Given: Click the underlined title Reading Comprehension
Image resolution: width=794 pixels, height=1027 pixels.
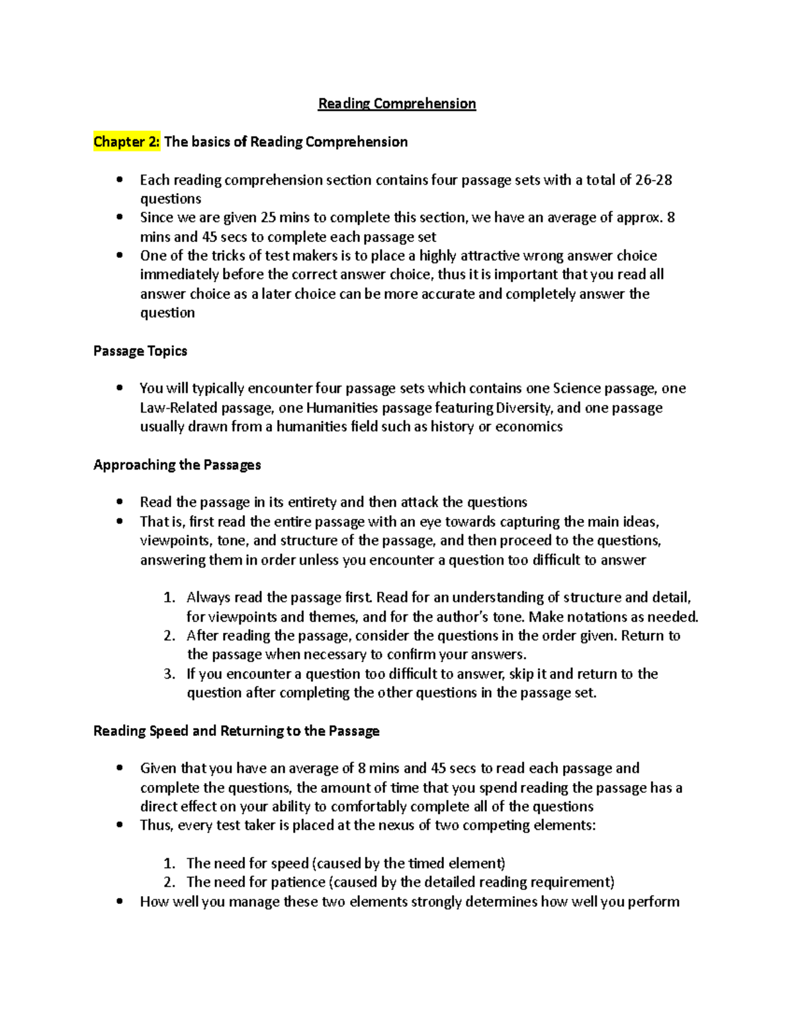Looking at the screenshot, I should tap(397, 104).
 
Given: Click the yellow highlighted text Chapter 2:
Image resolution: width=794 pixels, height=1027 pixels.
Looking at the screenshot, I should tap(126, 142).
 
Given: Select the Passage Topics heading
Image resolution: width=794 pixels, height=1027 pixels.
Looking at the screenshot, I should tap(140, 350).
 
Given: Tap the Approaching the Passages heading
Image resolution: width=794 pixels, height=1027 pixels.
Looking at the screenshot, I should tap(177, 465).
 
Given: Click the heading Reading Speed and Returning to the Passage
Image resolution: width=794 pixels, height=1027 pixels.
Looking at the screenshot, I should tap(236, 731).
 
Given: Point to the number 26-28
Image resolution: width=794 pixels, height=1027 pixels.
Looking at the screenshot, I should tap(653, 180).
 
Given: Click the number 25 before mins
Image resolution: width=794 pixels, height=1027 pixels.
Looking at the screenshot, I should tap(268, 218).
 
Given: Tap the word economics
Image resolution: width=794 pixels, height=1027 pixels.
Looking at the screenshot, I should tap(529, 427).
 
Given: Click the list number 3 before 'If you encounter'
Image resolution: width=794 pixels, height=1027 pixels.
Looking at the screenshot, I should tap(169, 674).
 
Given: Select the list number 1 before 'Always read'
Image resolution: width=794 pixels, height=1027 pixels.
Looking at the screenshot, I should tap(169, 598).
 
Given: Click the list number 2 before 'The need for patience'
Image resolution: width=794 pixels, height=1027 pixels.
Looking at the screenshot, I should tap(169, 882).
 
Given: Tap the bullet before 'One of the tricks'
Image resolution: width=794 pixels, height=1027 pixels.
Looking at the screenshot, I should tap(120, 256).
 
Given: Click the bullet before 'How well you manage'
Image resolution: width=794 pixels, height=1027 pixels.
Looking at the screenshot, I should tap(120, 901).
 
